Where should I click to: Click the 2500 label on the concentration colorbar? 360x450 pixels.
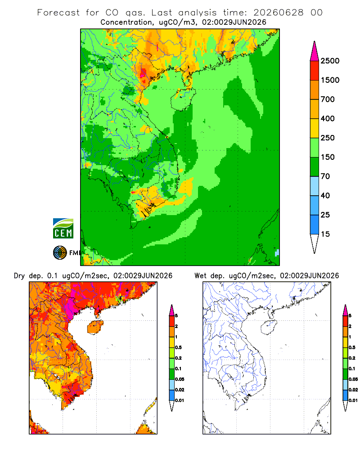[330, 61]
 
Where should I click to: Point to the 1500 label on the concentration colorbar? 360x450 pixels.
[330, 80]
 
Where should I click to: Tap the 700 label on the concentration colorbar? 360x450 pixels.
[328, 99]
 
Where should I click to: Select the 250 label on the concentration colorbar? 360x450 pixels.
[328, 138]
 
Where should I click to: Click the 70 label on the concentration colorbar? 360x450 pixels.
[325, 176]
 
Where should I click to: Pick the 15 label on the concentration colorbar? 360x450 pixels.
[325, 234]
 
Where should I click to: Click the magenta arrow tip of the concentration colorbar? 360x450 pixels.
[315, 51]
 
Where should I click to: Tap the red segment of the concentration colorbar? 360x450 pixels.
[315, 71]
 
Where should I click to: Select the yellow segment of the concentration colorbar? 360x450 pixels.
[315, 128]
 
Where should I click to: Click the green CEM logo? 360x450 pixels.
[63, 229]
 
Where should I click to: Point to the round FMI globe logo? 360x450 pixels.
[60, 253]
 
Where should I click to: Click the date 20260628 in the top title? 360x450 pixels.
[278, 13]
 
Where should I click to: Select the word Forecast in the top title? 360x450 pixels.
[58, 13]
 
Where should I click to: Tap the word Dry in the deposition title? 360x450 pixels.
[19, 276]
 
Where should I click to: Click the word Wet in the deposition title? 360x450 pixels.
[200, 276]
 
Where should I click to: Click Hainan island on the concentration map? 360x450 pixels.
[183, 99]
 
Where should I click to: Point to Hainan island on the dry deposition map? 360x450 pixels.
[95, 327]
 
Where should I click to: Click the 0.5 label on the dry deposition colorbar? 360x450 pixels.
[178, 347]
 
